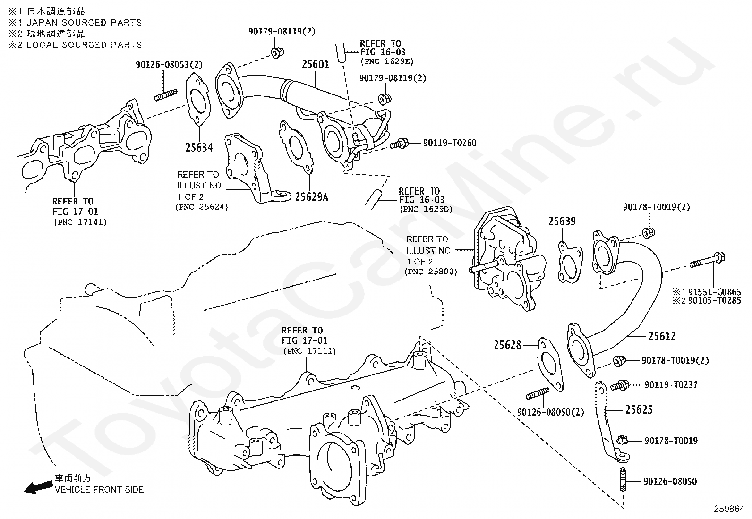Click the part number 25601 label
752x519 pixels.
click(x=315, y=64)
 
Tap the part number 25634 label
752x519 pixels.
click(x=199, y=147)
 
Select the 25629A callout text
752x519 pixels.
click(x=311, y=197)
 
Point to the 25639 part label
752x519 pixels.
click(x=562, y=221)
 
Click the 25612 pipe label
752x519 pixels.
click(x=662, y=336)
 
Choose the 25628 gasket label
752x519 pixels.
click(x=507, y=345)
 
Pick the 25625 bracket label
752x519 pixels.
click(x=639, y=409)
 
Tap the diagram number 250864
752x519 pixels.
click(x=729, y=509)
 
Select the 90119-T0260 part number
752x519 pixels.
click(x=450, y=143)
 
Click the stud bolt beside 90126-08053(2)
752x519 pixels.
click(x=165, y=94)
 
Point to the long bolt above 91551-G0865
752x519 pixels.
click(x=707, y=261)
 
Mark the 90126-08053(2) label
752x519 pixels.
click(x=169, y=64)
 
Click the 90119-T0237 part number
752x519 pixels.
click(x=671, y=385)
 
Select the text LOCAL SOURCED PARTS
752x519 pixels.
click(x=84, y=45)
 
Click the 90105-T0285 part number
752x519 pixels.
click(x=714, y=300)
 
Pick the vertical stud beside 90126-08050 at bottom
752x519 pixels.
click(x=623, y=479)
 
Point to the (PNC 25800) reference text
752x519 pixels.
click(x=431, y=272)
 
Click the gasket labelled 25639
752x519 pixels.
click(x=570, y=262)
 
